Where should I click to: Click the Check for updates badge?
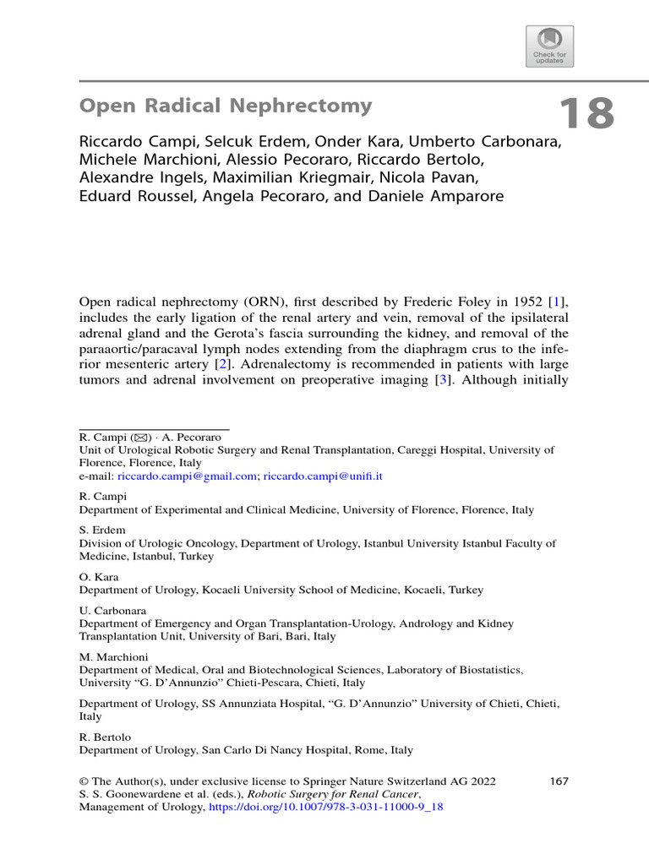[x=549, y=46]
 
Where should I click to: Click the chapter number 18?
[x=586, y=114]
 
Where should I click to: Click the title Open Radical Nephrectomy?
[x=226, y=106]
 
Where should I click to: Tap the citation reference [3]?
[x=439, y=379]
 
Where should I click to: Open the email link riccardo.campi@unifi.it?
[x=323, y=476]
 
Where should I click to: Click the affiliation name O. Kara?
[x=97, y=578]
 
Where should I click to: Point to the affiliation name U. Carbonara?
[x=112, y=611]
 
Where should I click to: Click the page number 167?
[x=559, y=781]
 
